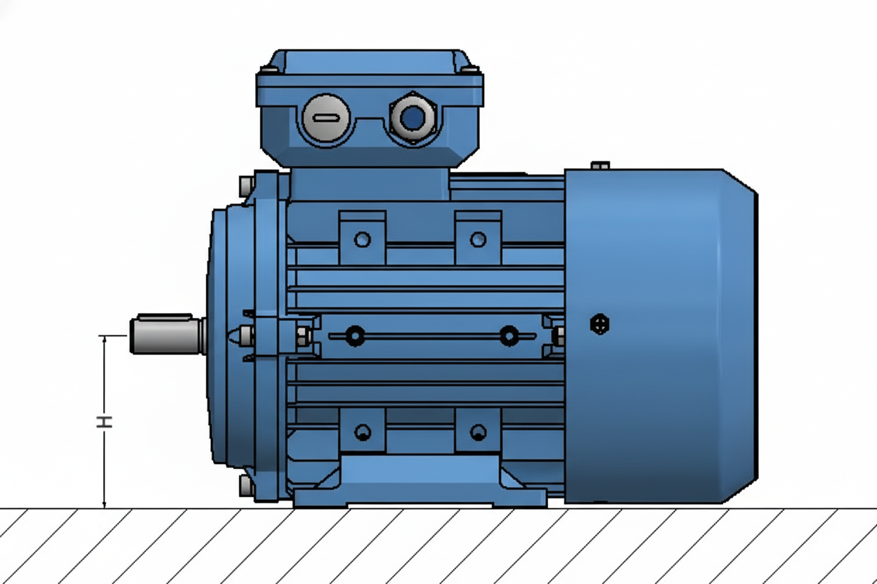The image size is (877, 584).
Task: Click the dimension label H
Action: click(104, 421)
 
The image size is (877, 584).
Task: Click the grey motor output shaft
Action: click(166, 335)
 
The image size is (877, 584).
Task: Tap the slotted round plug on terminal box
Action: click(325, 118)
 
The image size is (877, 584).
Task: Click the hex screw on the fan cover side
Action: click(599, 324)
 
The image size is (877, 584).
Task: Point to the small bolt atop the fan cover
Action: click(599, 166)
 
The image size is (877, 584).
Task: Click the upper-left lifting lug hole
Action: click(362, 240)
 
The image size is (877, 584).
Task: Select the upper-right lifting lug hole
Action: click(478, 240)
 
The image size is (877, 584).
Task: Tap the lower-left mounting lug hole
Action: click(363, 432)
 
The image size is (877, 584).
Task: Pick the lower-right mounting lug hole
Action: click(478, 432)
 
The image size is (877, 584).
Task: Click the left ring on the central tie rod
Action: click(355, 336)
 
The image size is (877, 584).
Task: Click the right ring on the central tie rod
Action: click(509, 336)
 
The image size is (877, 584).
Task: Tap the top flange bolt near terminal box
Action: click(246, 187)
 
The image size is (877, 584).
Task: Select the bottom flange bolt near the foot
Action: click(246, 485)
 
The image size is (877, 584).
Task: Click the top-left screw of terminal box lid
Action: click(269, 69)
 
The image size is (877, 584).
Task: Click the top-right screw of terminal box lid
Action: click(469, 69)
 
